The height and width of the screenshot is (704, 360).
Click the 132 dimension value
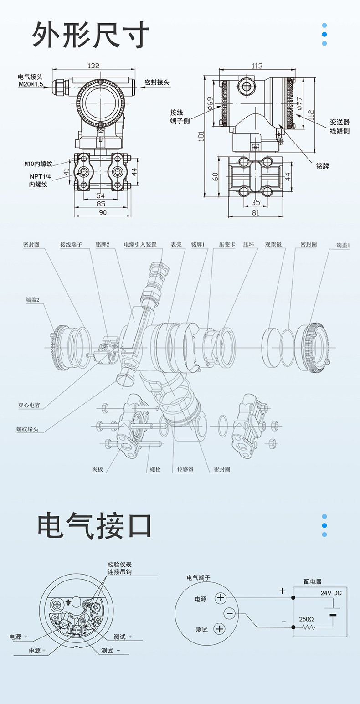93,66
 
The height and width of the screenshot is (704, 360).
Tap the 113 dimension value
257,66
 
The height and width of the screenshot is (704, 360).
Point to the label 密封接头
157,82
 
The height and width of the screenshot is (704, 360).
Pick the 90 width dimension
103,212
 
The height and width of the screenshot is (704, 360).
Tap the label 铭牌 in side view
322,166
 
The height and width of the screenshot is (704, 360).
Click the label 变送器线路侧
339,126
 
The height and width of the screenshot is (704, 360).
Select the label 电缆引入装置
143,245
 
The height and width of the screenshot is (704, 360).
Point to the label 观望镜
273,245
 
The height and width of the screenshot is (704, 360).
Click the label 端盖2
32,300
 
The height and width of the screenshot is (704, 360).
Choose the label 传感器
185,469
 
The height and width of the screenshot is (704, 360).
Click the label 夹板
98,469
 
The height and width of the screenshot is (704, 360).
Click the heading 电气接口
94,524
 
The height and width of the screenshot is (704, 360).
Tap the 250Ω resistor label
306,619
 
